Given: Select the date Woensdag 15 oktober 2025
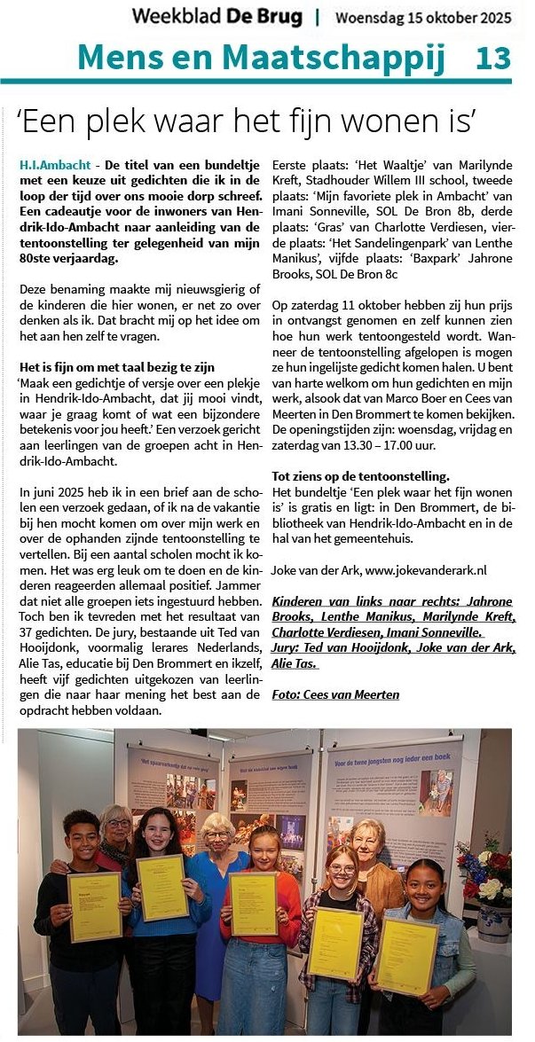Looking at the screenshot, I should click(x=422, y=17).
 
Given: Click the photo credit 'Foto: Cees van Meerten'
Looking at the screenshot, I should click(x=335, y=693).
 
